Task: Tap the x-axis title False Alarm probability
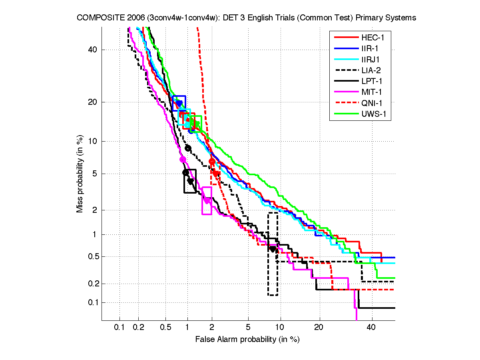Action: pos(247,340)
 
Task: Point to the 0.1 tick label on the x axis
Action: pos(120,328)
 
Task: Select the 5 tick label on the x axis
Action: pos(248,328)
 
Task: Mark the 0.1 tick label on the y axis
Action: pos(93,302)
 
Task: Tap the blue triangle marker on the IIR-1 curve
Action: pos(179,104)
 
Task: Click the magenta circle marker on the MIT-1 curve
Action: pos(183,159)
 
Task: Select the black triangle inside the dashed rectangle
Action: pos(273,249)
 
